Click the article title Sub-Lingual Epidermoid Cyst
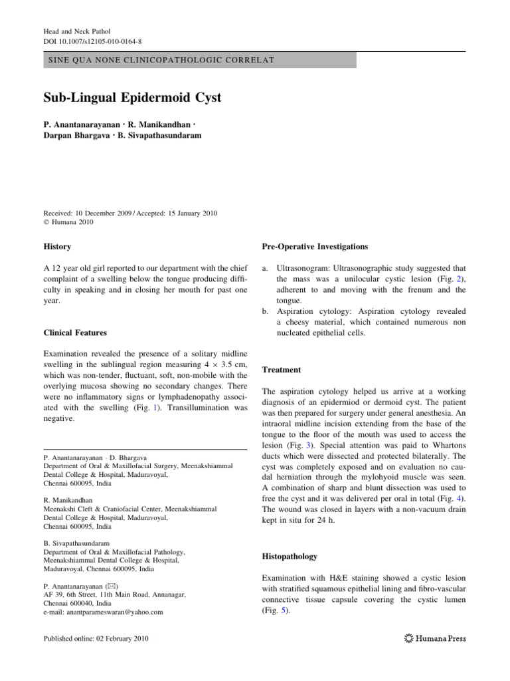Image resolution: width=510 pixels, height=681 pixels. click(132, 98)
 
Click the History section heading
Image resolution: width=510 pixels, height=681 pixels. click(57, 247)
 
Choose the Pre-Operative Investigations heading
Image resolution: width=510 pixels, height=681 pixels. click(315, 247)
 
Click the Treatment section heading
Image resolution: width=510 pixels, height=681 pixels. click(282, 370)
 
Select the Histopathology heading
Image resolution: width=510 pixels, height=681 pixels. click(290, 556)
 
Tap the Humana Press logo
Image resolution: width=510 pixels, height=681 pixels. click(435, 638)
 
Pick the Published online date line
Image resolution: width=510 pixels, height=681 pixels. click(96, 638)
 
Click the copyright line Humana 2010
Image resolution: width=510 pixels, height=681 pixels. click(72, 222)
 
